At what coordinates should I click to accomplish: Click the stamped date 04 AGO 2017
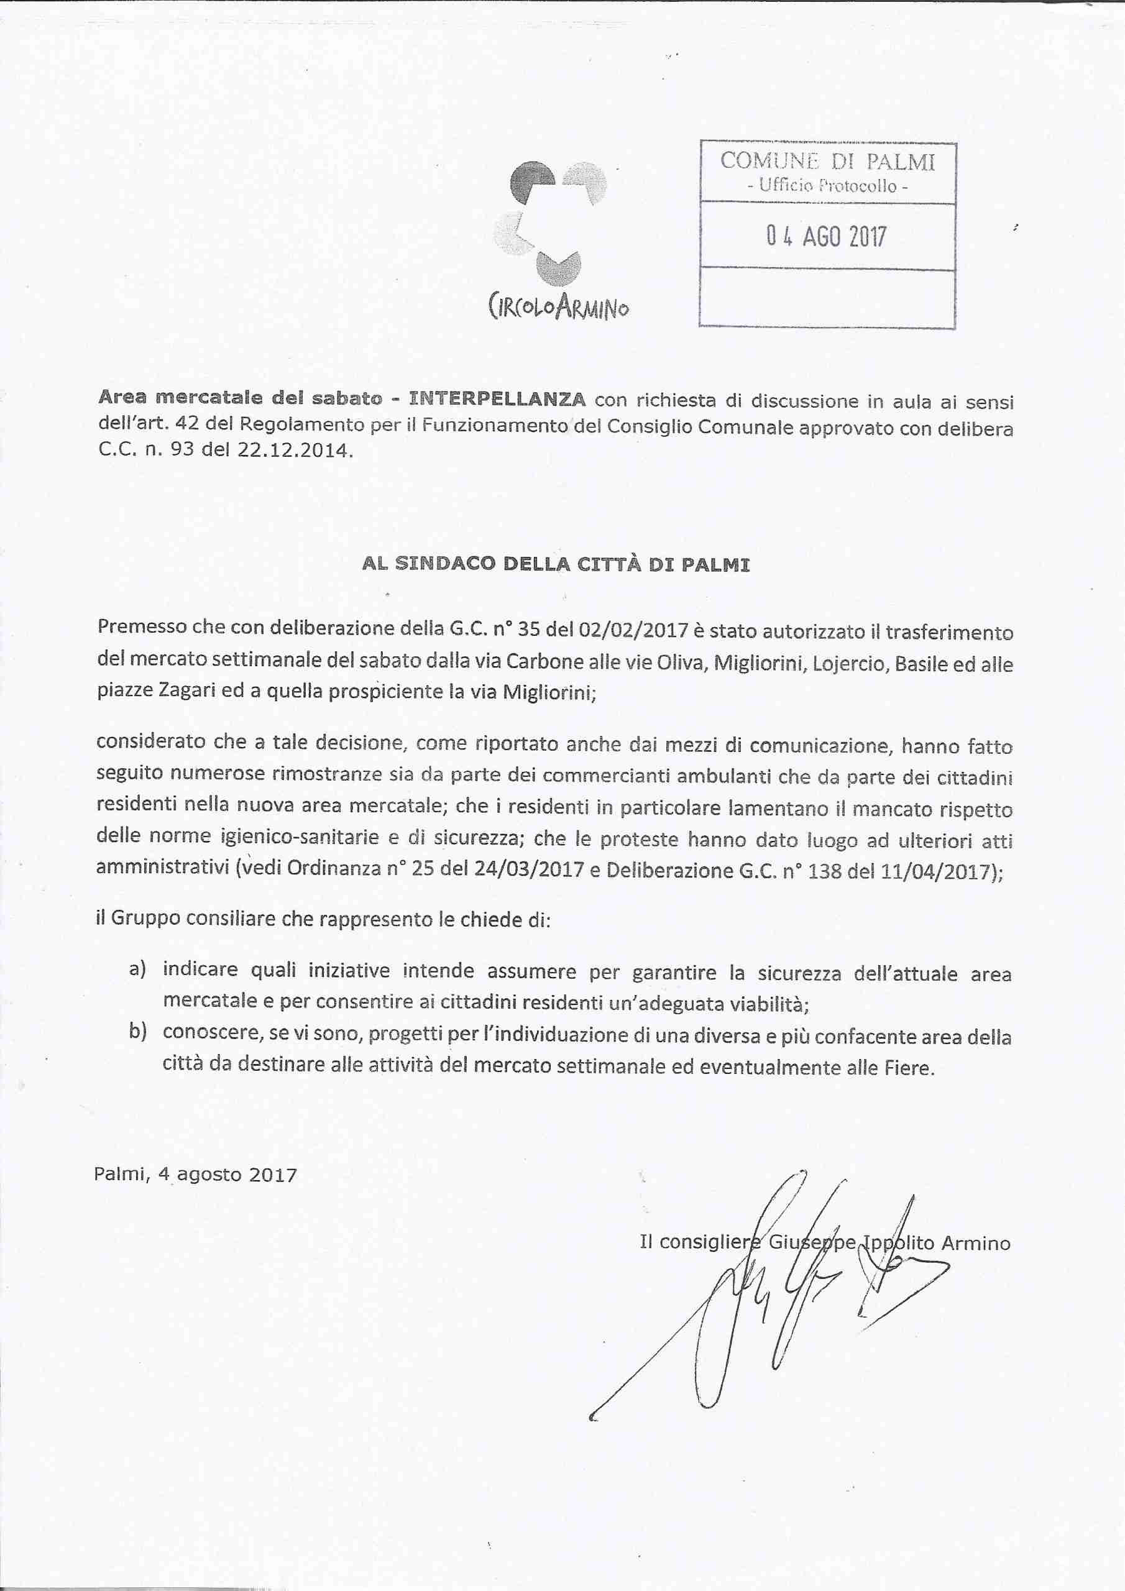point(826,237)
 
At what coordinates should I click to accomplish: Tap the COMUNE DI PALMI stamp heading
point(828,162)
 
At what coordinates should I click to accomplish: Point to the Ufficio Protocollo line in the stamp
point(828,186)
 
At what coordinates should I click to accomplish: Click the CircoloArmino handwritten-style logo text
point(559,306)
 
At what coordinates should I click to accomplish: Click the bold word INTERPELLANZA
point(497,399)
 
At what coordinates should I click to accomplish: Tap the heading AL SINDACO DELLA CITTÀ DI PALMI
point(556,564)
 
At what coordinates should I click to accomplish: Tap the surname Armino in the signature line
point(975,1243)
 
